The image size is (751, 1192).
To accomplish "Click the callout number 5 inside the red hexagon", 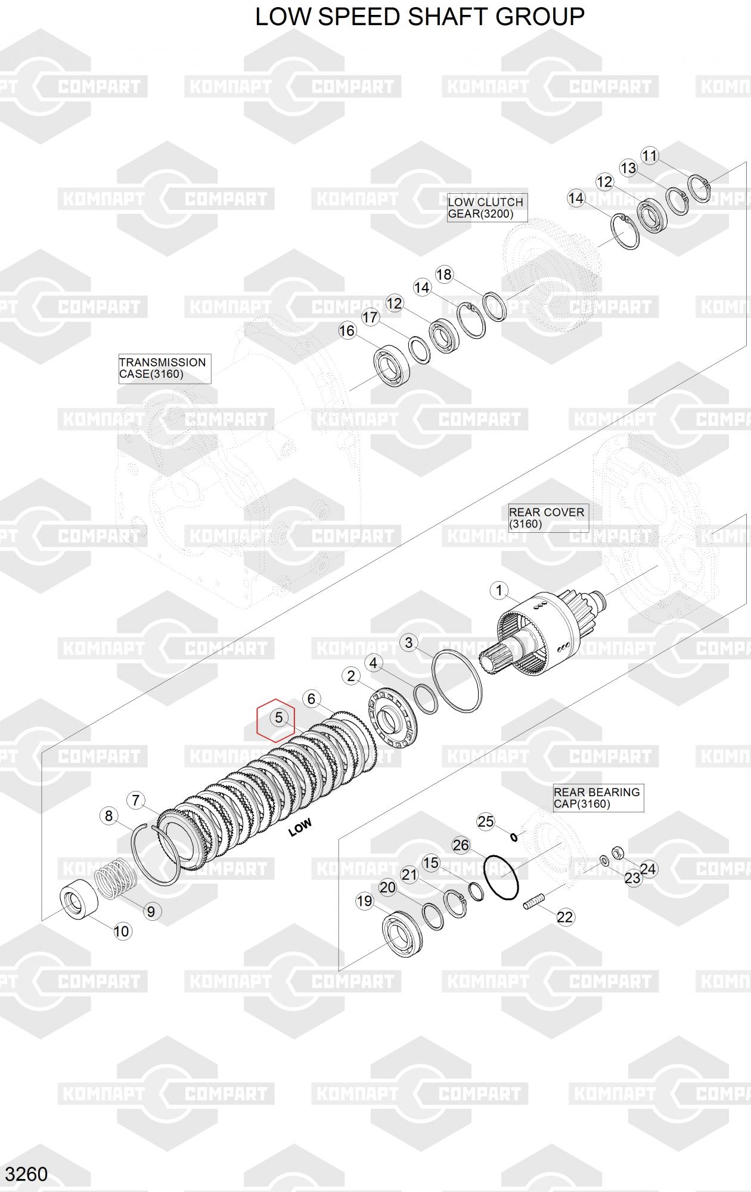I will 278,718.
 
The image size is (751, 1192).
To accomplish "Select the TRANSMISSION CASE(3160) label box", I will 165,368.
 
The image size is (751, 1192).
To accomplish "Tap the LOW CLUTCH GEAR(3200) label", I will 487,207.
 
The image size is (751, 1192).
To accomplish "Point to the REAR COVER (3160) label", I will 548,518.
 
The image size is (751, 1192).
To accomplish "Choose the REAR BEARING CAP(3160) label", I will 598,798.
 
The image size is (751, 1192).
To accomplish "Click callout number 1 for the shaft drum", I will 498,591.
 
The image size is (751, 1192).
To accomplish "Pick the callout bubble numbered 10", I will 122,931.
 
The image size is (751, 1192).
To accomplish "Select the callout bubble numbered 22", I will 564,917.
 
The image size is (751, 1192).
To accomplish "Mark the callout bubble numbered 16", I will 347,330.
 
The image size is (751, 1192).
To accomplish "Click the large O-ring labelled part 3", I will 457,680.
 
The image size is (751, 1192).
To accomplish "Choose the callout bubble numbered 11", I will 649,156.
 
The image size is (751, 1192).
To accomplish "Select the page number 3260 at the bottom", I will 27,1174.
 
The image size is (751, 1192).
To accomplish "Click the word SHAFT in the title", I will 452,17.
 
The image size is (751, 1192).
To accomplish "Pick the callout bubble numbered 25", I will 486,821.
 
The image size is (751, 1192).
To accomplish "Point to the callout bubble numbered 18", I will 444,274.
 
